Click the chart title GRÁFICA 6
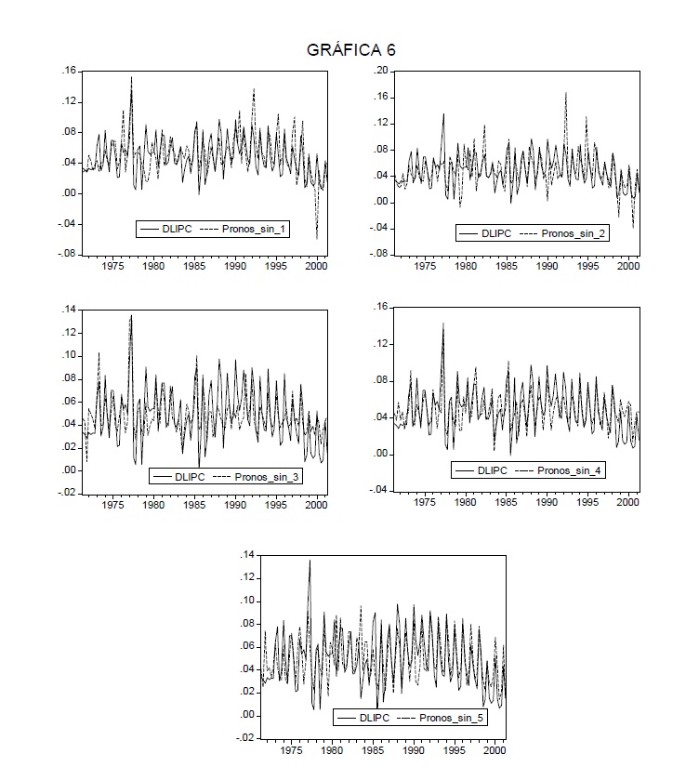350,50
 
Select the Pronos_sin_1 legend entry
256,229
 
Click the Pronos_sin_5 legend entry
450,718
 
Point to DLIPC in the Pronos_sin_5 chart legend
375,718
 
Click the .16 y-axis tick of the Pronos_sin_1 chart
69,71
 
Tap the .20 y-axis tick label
380,71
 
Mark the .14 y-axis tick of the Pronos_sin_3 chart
69,310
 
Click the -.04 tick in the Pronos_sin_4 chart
378,490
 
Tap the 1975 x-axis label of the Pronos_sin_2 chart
426,267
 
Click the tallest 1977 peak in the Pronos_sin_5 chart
310,561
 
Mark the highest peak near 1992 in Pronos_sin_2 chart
566,93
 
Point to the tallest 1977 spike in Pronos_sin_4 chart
443,324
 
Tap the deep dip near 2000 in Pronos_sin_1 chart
317,238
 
